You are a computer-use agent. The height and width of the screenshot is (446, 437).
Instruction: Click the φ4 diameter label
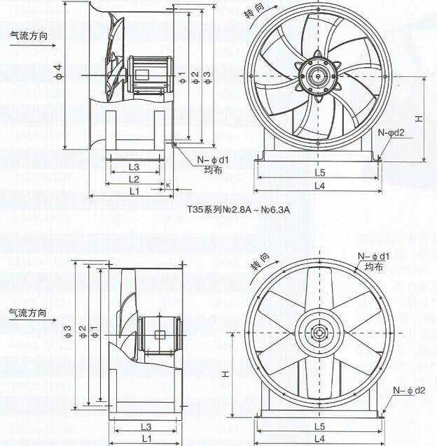(x=59, y=71)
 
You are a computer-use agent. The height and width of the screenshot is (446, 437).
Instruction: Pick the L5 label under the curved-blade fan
(x=319, y=172)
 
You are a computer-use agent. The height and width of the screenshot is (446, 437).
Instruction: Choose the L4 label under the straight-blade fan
(x=319, y=438)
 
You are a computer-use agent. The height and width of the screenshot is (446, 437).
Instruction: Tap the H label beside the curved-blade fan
(x=418, y=119)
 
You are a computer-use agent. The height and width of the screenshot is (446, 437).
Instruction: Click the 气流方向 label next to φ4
(x=29, y=34)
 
